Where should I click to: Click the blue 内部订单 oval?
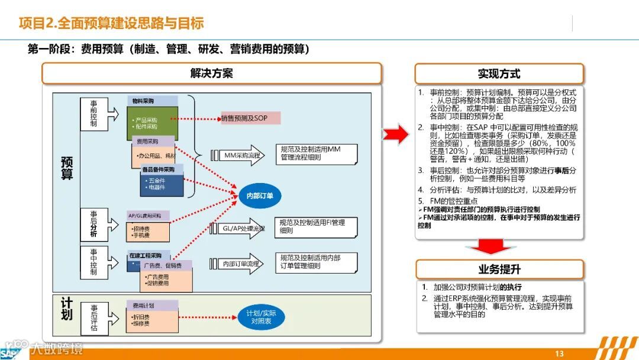pos(260,196)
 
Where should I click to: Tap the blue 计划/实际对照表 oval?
pos(261,317)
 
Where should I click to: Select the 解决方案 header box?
pos(211,73)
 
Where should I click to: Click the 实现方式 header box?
pos(499,74)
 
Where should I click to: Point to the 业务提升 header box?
pos(499,269)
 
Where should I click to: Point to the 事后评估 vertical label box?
pos(93,319)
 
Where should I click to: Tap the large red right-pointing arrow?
pos(395,134)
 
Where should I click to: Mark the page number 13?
pos(559,353)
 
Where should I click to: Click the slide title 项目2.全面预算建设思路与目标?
pos(111,23)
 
